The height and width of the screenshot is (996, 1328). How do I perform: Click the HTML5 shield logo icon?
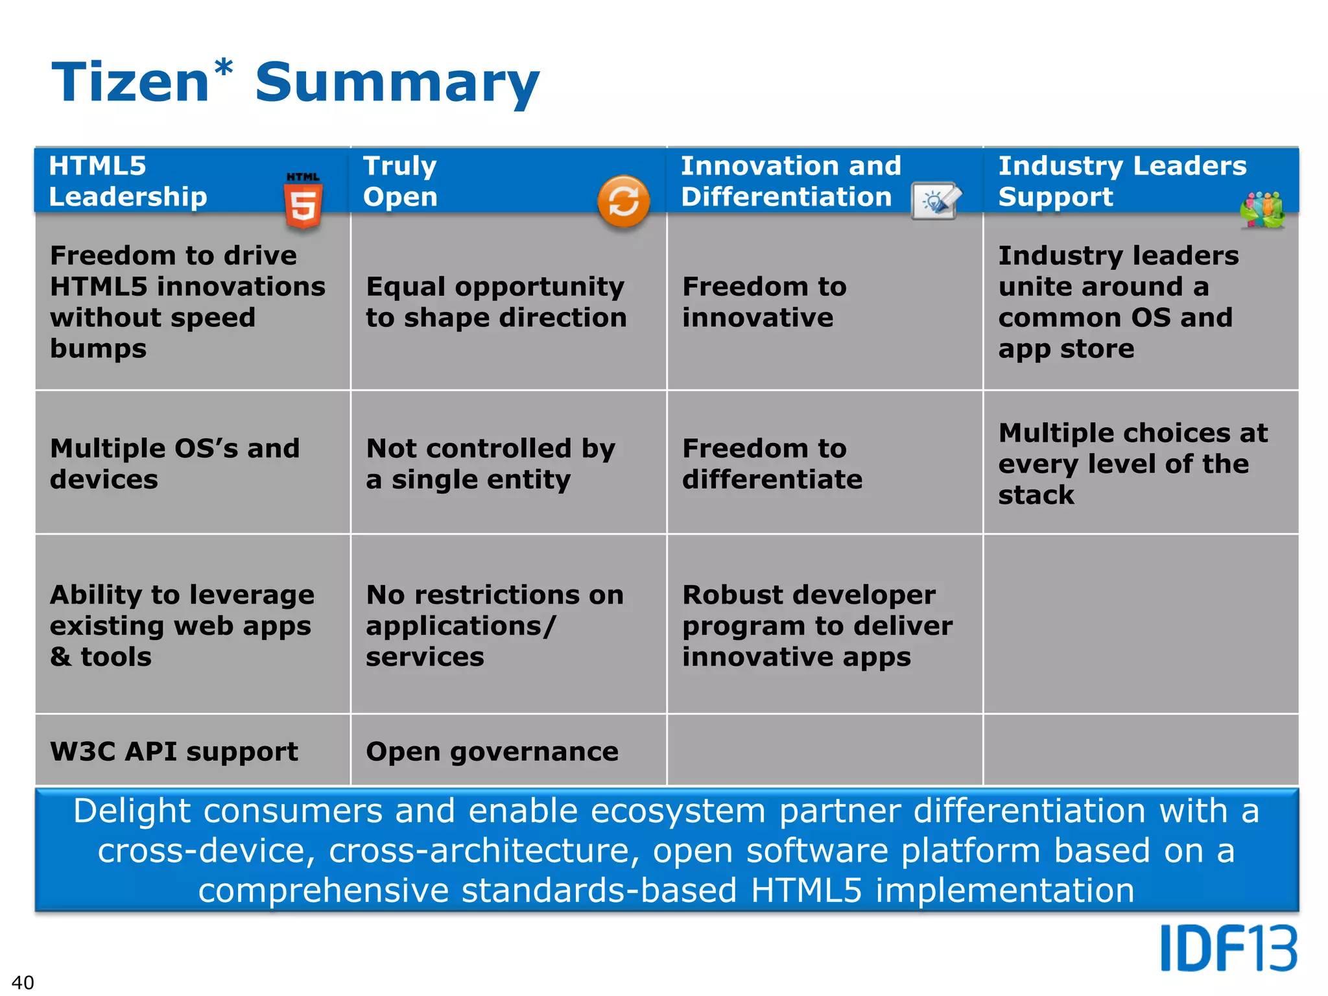(303, 201)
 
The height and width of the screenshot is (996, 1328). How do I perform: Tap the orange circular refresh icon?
(623, 201)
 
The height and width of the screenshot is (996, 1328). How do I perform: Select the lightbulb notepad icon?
(936, 201)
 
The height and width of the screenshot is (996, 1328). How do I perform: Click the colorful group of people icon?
(1262, 210)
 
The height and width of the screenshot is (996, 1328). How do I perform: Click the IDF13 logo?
(1228, 949)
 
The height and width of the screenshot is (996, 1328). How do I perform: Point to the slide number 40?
(23, 982)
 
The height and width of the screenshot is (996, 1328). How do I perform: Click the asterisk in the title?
(223, 69)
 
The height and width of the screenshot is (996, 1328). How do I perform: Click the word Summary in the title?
(397, 83)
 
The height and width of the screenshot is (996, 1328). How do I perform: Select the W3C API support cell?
(174, 752)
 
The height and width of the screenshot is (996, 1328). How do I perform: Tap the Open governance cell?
(492, 752)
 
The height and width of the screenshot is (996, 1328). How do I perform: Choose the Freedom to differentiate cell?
(772, 464)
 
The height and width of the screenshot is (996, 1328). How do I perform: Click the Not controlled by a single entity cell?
(490, 464)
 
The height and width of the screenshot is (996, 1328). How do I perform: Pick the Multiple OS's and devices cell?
(174, 464)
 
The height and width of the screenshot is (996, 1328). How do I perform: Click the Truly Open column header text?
(400, 181)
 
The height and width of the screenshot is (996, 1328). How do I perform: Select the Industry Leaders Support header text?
(1122, 181)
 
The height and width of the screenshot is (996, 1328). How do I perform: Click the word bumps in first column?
(99, 349)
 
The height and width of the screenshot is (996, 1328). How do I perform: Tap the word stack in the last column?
(1036, 495)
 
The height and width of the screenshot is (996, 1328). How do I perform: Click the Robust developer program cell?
(817, 625)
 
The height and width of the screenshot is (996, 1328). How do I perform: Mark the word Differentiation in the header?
(786, 197)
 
